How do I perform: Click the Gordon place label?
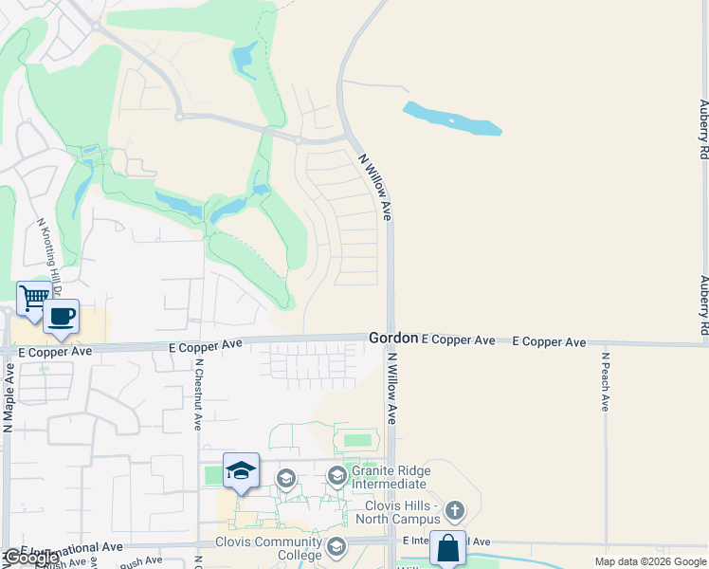tap(392, 338)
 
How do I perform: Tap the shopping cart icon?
tap(33, 298)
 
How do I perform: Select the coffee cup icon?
tap(62, 317)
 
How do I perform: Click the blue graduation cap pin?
tap(241, 470)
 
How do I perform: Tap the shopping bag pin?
tap(447, 548)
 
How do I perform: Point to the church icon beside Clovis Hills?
tap(455, 511)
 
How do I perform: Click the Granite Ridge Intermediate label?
tap(391, 477)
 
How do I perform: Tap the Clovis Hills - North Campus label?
tap(395, 512)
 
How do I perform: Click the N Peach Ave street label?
tap(606, 381)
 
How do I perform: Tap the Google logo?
tap(31, 559)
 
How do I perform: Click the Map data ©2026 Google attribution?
tap(650, 561)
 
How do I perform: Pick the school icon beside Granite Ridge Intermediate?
tap(336, 475)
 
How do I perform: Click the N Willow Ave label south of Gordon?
tap(391, 388)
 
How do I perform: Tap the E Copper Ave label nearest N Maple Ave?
tap(56, 351)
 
